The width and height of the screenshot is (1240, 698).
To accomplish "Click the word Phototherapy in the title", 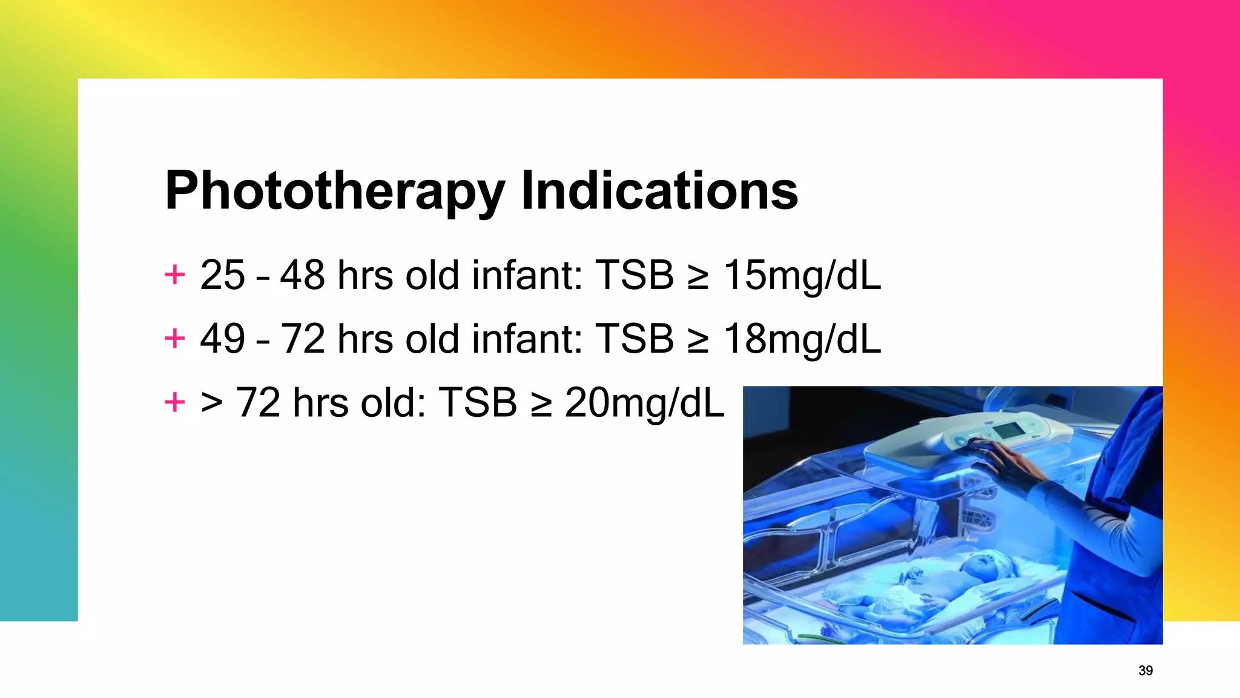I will pos(334,191).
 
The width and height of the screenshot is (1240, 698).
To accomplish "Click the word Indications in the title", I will pos(659,191).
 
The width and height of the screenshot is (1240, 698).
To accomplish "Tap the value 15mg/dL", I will pos(802,276).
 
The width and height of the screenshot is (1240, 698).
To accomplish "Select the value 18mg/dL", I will pos(802,339).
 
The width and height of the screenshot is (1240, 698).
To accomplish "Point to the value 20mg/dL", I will pos(644,403).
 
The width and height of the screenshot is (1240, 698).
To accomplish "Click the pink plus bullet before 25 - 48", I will pos(175,274).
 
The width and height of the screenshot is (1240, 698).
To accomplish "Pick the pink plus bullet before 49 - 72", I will pos(175,338).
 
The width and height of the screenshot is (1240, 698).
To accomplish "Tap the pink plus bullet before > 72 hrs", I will pos(175,402).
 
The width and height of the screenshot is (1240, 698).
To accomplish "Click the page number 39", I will pos(1146,671).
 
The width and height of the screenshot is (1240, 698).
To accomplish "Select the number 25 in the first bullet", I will pos(222,276).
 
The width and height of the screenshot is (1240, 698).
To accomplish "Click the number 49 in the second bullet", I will pos(222,339).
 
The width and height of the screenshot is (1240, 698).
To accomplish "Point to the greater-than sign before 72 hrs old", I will pos(211,402).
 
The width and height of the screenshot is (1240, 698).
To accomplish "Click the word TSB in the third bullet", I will pos(478,403).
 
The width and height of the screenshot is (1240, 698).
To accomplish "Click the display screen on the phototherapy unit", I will pos(1008,431).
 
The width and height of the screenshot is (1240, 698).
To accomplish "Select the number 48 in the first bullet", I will pos(302,276).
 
